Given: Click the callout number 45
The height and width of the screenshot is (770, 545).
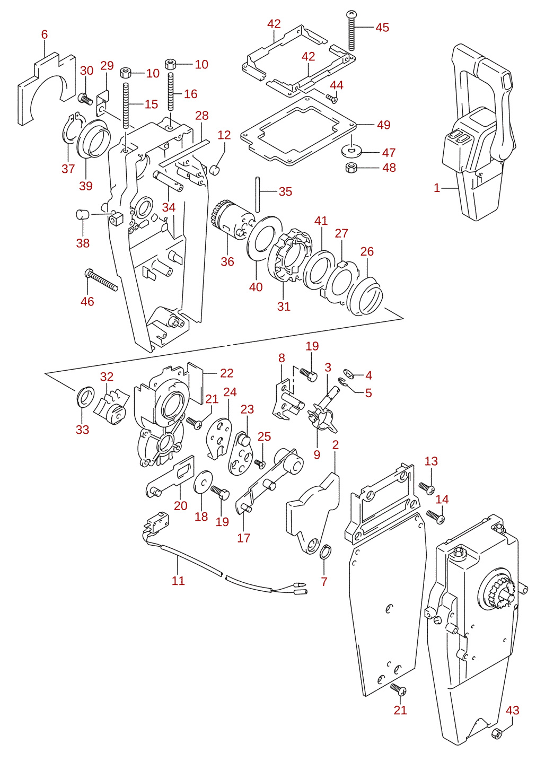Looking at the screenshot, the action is [x=382, y=28].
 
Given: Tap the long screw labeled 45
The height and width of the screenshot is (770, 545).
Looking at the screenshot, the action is [x=352, y=31].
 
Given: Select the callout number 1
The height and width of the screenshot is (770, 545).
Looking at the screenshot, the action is [x=437, y=188].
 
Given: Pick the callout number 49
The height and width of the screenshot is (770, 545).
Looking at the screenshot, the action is [x=383, y=125].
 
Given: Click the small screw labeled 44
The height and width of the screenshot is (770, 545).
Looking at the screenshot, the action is [x=332, y=98].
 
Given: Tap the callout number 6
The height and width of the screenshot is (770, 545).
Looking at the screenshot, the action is [x=45, y=34].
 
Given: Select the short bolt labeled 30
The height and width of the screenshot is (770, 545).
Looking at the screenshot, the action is [x=85, y=99].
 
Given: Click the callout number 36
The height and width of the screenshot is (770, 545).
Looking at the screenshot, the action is [x=227, y=261].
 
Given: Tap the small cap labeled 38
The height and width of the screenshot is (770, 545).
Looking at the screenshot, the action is [x=83, y=214].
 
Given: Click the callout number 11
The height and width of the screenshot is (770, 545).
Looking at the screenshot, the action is [x=178, y=581].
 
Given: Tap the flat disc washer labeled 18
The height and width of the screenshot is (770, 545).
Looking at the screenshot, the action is [x=203, y=482].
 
